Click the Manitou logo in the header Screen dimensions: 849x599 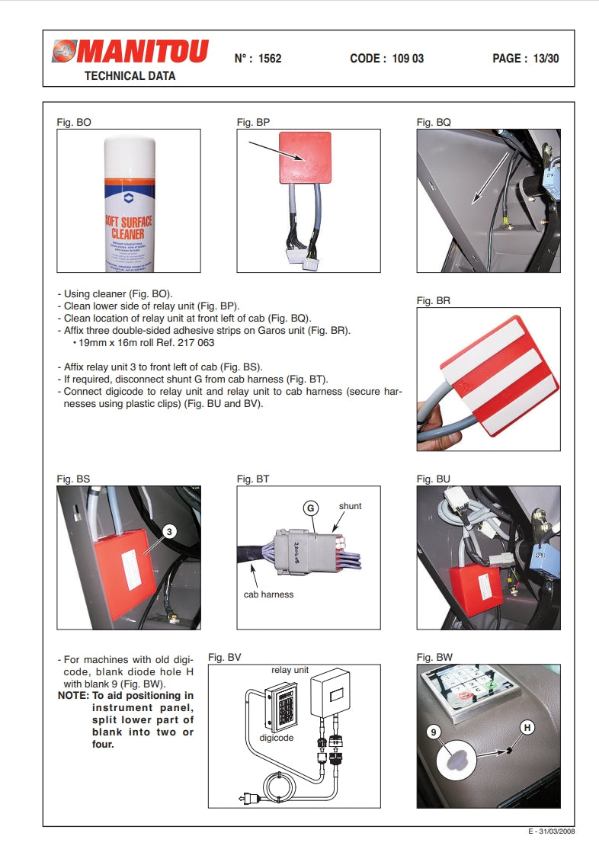[x=130, y=52]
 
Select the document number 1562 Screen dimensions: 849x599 [x=270, y=59]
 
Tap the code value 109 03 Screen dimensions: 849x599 [x=408, y=59]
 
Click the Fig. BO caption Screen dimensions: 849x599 [x=74, y=122]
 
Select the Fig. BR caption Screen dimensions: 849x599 [x=434, y=300]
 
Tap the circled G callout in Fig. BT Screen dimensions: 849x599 [x=310, y=508]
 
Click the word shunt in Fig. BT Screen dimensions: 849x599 [x=350, y=506]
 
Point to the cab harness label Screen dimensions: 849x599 [x=268, y=594]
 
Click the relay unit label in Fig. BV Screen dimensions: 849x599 [x=290, y=670]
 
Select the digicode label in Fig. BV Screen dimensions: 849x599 [x=277, y=738]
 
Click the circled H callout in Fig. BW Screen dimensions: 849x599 [x=526, y=729]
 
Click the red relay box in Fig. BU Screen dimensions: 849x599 [x=476, y=588]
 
